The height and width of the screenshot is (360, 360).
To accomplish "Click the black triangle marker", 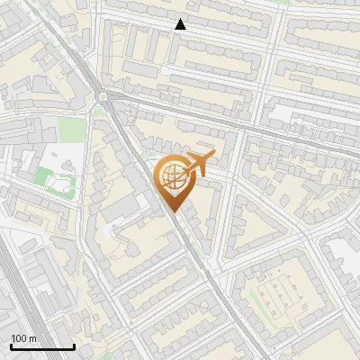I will pyautogui.click(x=181, y=25).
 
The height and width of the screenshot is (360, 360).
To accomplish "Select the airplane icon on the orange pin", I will pyautogui.click(x=200, y=164).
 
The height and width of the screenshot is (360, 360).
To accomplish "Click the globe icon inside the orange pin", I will pyautogui.click(x=174, y=179).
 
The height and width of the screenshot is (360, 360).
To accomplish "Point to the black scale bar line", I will pyautogui.click(x=42, y=347).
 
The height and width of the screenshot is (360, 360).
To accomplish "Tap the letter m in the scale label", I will pyautogui.click(x=34, y=338).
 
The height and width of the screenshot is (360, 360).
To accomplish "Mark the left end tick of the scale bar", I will pyautogui.click(x=11, y=346).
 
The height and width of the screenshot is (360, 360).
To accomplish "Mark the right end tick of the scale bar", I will pyautogui.click(x=74, y=346).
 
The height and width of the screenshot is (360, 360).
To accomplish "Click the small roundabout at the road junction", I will pyautogui.click(x=103, y=95).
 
